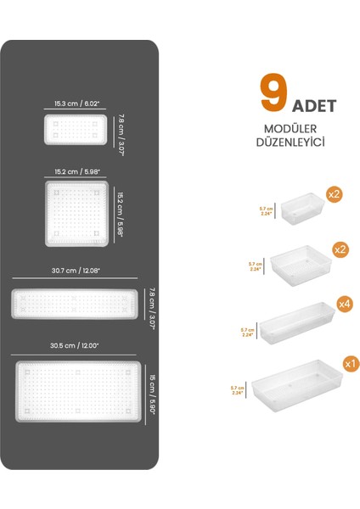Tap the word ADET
[314, 106]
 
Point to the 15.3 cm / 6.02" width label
[76, 103]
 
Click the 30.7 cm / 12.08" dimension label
[76, 271]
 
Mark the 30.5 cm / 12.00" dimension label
[76, 345]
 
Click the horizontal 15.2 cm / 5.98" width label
[76, 171]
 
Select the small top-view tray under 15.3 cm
[76, 129]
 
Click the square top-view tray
[76, 212]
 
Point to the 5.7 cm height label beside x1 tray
[238, 390]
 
